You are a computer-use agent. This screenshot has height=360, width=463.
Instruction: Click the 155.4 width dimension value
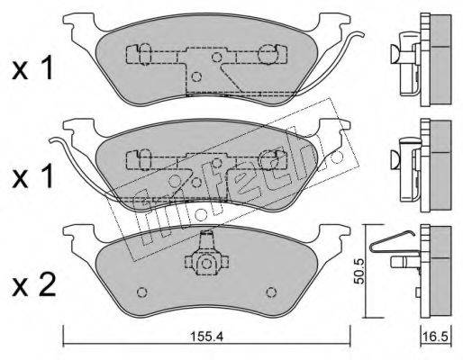coord(206,337)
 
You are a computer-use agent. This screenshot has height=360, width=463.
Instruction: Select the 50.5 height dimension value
coord(359,271)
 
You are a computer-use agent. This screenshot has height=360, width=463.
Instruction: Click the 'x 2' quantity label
coord(33,285)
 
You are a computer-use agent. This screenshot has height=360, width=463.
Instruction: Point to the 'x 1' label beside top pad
coord(32,69)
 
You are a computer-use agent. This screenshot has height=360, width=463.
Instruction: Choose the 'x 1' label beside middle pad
coord(32,177)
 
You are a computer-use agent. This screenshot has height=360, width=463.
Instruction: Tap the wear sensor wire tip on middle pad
coord(51,139)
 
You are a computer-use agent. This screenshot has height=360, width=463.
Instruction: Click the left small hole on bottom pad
coord(141,292)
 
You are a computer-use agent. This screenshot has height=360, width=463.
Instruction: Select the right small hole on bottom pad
coord(271,292)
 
